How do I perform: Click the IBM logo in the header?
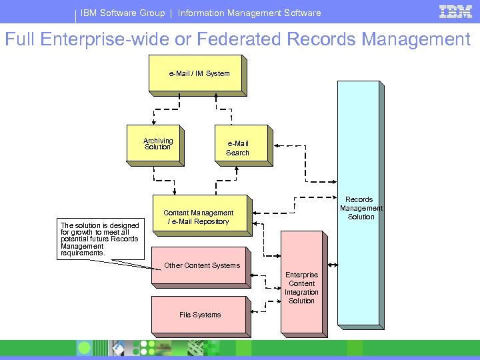[x=455, y=12]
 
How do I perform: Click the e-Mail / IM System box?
[x=199, y=73]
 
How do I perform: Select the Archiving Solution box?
[x=157, y=143]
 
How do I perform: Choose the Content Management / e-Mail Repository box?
[x=199, y=217]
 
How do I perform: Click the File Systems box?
[x=200, y=315]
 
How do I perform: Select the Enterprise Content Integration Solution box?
[x=302, y=288]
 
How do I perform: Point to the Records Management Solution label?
[x=360, y=208]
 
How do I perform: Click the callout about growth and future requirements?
[x=100, y=239]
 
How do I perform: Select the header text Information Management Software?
[x=249, y=13]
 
